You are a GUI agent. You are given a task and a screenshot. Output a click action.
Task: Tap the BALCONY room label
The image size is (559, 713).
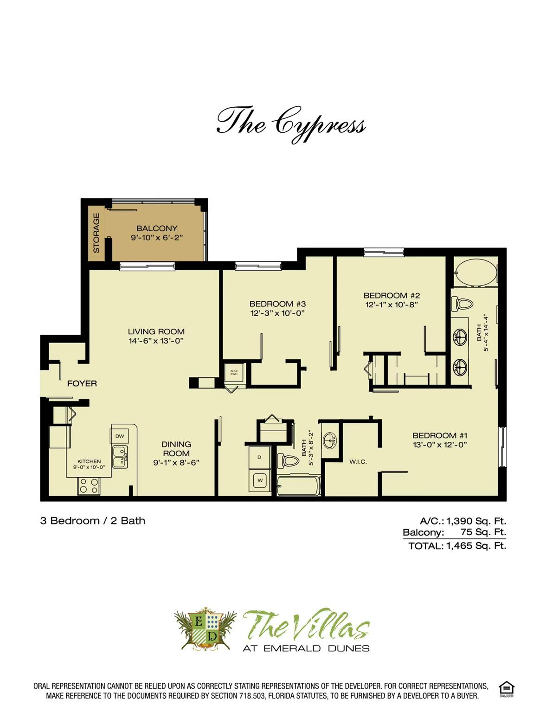(157, 228)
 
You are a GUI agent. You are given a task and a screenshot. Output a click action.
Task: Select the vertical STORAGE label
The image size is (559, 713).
(96, 233)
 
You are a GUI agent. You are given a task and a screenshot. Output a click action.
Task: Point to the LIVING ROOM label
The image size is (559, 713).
(156, 331)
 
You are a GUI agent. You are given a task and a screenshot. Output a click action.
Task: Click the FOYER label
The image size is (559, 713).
(82, 383)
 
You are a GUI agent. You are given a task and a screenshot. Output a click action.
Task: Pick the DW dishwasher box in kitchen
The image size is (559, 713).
(119, 436)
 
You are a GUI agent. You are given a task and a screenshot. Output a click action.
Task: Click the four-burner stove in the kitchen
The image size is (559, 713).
(89, 486)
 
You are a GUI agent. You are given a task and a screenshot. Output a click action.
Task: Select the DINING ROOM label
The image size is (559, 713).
(176, 449)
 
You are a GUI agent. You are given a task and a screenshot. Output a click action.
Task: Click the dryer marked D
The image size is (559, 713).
(260, 457)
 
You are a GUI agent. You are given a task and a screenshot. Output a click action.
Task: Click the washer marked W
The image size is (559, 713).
(260, 480)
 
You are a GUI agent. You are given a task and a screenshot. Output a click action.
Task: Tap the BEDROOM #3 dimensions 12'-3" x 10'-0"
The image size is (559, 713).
(277, 313)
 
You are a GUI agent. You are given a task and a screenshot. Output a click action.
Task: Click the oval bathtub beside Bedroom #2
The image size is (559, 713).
(475, 273)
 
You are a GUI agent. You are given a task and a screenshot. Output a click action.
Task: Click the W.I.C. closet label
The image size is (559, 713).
(358, 461)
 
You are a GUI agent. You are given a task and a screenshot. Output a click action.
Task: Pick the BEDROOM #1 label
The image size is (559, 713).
(440, 435)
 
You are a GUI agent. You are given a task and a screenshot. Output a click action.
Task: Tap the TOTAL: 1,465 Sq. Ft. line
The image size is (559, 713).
(457, 546)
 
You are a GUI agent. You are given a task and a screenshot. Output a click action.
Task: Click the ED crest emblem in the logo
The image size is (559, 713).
(205, 629)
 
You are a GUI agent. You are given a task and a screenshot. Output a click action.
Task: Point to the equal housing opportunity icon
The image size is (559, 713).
(506, 689)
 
